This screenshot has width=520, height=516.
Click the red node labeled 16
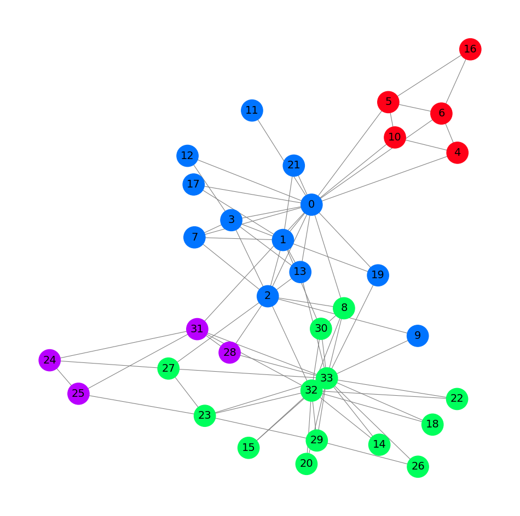pyautogui.click(x=470, y=49)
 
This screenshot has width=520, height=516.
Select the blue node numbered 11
pyautogui.click(x=252, y=110)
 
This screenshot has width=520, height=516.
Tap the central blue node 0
pyautogui.click(x=311, y=205)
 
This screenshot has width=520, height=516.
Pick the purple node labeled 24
pyautogui.click(x=50, y=360)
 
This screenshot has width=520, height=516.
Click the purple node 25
pyautogui.click(x=78, y=394)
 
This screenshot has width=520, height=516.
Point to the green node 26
pyautogui.click(x=418, y=466)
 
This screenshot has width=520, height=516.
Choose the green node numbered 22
pyautogui.click(x=457, y=398)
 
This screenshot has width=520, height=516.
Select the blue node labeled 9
pyautogui.click(x=418, y=335)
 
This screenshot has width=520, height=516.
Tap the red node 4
pyautogui.click(x=457, y=152)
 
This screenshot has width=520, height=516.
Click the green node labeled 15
pyautogui.click(x=249, y=448)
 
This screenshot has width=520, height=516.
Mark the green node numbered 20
pyautogui.click(x=307, y=464)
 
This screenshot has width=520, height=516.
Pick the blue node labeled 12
pyautogui.click(x=187, y=156)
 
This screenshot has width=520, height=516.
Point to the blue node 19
pyautogui.click(x=378, y=275)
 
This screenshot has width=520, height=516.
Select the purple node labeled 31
pyautogui.click(x=197, y=329)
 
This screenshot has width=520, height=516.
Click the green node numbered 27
pyautogui.click(x=169, y=368)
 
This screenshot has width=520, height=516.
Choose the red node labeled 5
pyautogui.click(x=388, y=102)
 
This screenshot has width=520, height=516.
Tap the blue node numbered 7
pyautogui.click(x=194, y=237)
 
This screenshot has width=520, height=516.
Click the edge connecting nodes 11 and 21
pyautogui.click(x=273, y=138)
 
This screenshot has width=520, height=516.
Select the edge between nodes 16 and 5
pyautogui.click(x=429, y=75)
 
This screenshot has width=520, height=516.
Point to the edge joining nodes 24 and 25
pyautogui.click(x=64, y=377)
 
